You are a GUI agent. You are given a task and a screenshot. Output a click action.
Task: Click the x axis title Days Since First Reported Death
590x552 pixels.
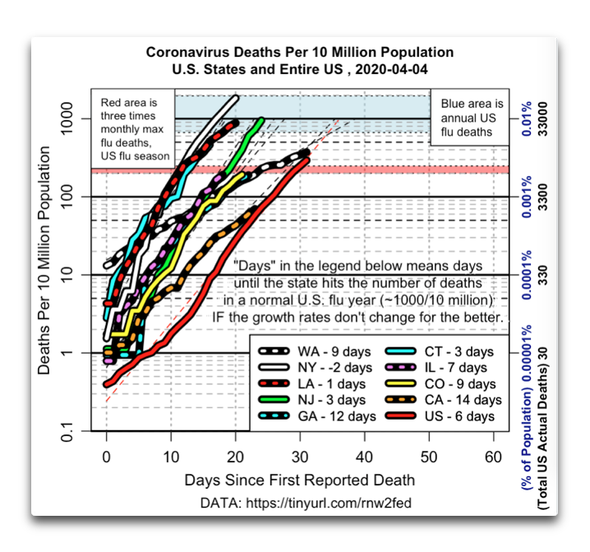[299, 480]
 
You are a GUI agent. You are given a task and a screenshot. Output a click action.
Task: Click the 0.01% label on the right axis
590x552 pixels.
[527, 115]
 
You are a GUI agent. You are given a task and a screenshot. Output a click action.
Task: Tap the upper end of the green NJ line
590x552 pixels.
[262, 119]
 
